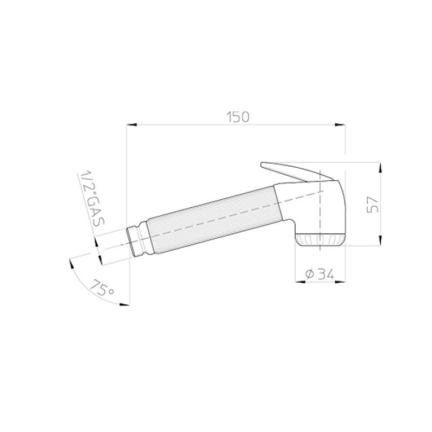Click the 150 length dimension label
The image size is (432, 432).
click(x=238, y=117)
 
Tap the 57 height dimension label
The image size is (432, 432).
click(x=373, y=204)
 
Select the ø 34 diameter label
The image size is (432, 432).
click(x=319, y=274)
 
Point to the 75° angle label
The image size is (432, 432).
click(x=101, y=288)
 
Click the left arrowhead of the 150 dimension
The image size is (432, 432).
click(x=132, y=125)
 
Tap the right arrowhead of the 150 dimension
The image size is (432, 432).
click(x=340, y=125)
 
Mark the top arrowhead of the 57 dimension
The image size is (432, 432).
click(x=380, y=168)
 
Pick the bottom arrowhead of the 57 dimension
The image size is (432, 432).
click(x=380, y=241)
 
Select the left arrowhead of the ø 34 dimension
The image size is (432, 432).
click(x=300, y=282)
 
